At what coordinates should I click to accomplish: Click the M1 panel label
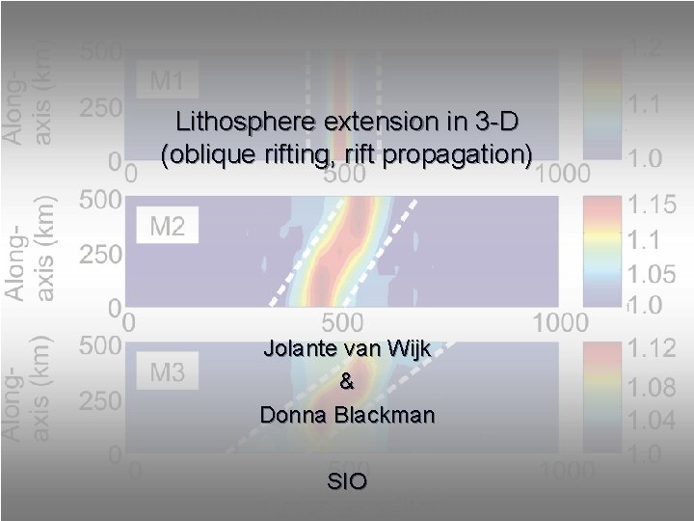coord(167,81)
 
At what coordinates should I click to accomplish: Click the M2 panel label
coord(167,227)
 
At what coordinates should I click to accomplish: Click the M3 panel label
coord(167,371)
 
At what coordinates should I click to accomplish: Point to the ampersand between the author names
coord(347,382)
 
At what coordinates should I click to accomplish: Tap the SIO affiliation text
coord(347,481)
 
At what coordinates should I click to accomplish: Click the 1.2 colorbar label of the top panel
coord(646,47)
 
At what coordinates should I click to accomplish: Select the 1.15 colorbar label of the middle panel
coord(653,205)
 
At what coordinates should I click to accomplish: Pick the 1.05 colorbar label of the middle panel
coord(653,271)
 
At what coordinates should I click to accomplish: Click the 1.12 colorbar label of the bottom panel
coord(653,348)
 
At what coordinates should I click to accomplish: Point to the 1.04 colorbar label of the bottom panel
coord(653,421)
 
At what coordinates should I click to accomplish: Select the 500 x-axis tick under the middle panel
coord(342,320)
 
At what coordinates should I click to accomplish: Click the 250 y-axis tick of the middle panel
coord(100,256)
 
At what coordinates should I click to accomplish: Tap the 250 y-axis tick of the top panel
coord(100,108)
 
